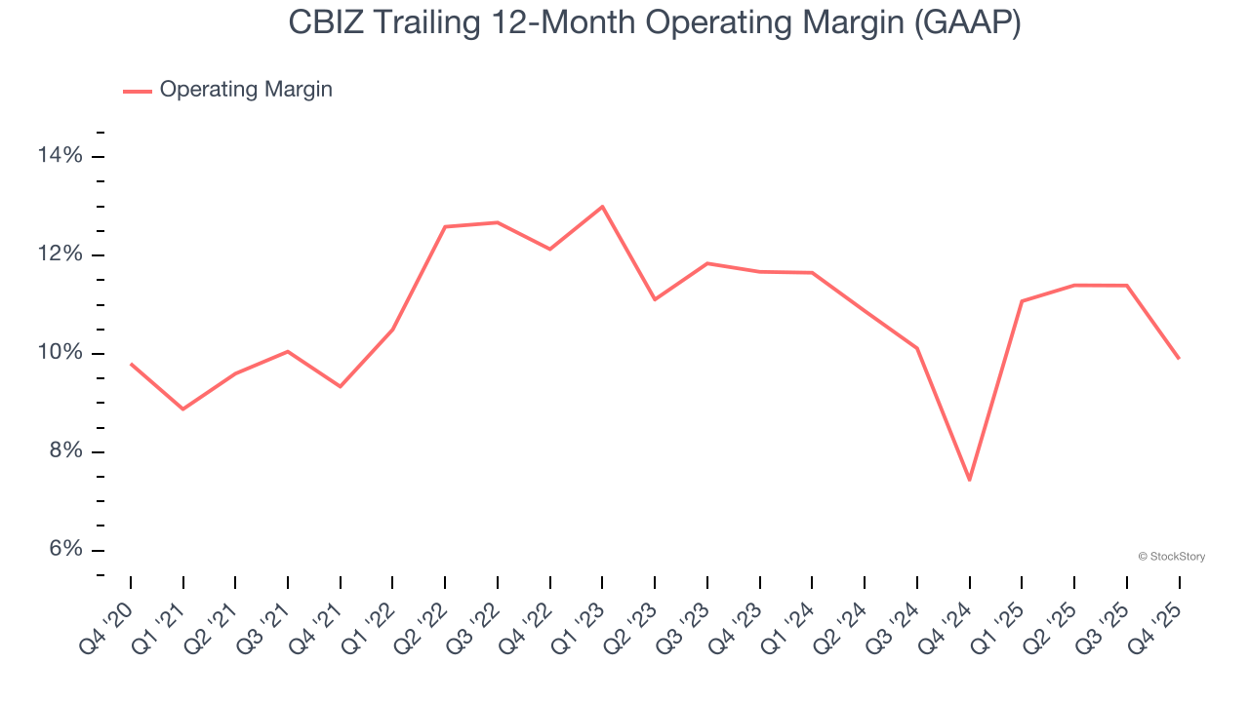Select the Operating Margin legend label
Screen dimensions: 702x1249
click(246, 90)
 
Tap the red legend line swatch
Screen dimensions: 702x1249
click(137, 91)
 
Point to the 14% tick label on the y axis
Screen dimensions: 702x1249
click(60, 156)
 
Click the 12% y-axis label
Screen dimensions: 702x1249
click(60, 254)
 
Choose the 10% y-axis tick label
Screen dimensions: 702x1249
click(60, 353)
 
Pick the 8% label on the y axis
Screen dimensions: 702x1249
click(65, 451)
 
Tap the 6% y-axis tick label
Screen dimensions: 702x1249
click(65, 550)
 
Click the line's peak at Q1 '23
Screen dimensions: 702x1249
click(602, 207)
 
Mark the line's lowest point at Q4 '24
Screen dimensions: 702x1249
click(969, 480)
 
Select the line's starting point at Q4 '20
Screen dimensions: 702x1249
click(131, 364)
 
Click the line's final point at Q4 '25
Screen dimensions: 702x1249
click(1179, 359)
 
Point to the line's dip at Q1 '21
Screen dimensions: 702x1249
click(183, 409)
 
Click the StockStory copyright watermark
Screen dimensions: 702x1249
click(1171, 557)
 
